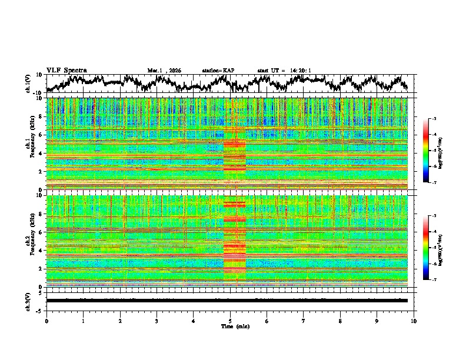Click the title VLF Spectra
pyautogui.click(x=66, y=70)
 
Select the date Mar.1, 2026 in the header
pyautogui.click(x=164, y=71)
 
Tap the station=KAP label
pyautogui.click(x=218, y=71)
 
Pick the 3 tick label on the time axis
pyautogui.click(x=157, y=321)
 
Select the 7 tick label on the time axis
pyautogui.click(x=304, y=321)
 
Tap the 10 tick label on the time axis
pyautogui.click(x=414, y=321)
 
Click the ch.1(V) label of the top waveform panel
pyautogui.click(x=28, y=84)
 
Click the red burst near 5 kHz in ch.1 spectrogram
pyautogui.click(x=235, y=144)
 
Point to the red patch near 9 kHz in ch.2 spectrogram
pyautogui.click(x=235, y=205)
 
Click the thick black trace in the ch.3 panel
pyautogui.click(x=229, y=300)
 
